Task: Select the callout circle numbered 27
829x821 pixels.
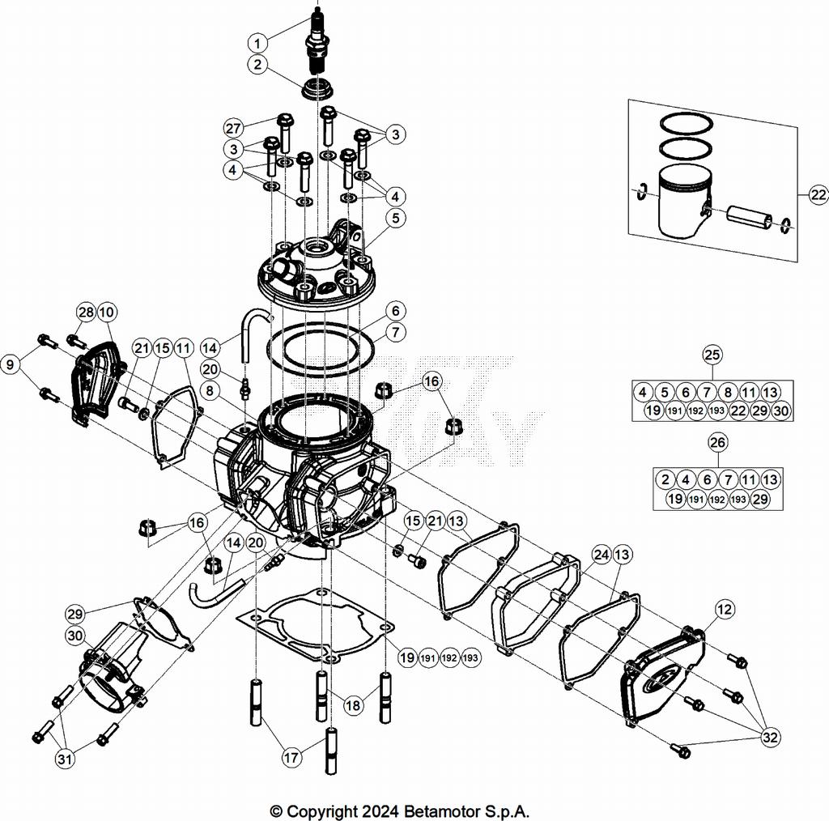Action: point(233,128)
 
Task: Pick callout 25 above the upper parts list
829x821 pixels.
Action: point(712,355)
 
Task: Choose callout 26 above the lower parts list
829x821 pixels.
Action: point(717,442)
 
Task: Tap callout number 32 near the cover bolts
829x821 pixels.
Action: point(771,737)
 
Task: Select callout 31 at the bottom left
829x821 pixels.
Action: point(65,759)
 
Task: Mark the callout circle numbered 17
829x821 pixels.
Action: point(291,758)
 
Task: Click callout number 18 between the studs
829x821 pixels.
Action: point(353,704)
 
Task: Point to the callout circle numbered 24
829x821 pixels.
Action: point(602,555)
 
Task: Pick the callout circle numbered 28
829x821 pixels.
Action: point(86,313)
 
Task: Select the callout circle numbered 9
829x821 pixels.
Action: point(11,364)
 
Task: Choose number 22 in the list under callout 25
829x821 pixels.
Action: point(738,410)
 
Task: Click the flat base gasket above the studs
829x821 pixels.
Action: point(315,627)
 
